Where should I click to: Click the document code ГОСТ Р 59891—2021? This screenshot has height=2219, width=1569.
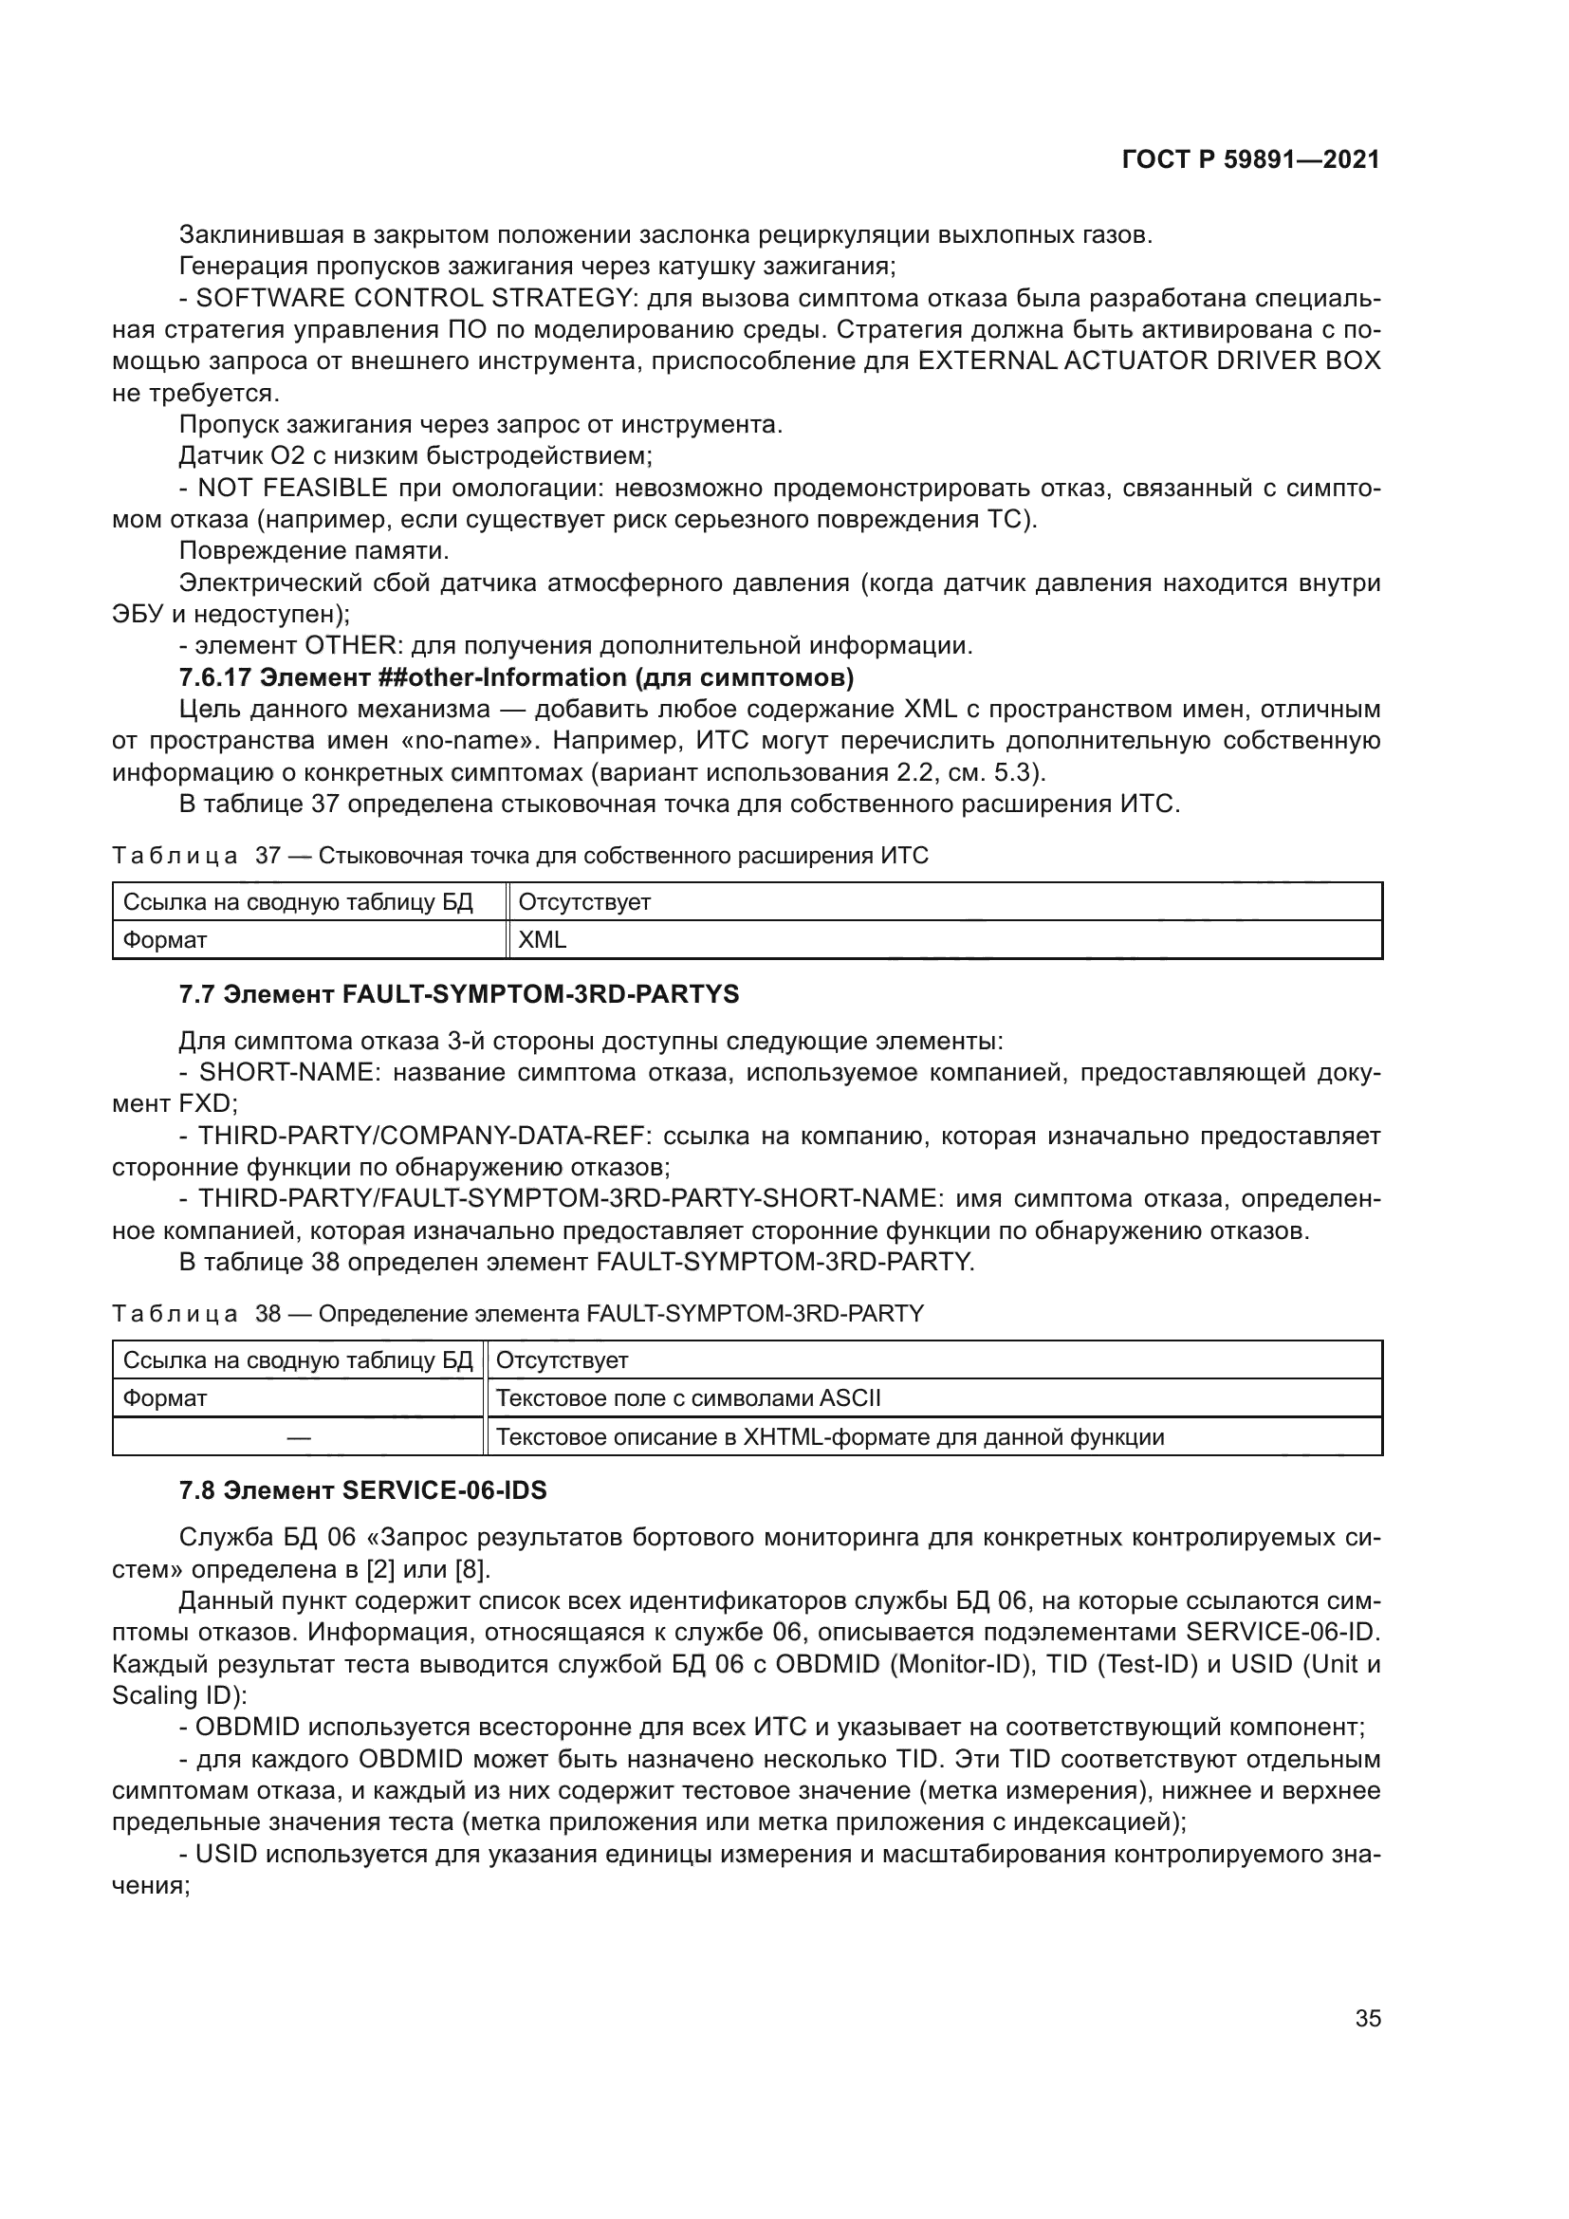(x=1250, y=160)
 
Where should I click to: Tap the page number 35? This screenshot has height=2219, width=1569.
(x=1367, y=2018)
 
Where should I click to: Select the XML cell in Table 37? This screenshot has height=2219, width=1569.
(x=542, y=939)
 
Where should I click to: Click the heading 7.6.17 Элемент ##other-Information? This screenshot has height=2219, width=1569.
(x=516, y=677)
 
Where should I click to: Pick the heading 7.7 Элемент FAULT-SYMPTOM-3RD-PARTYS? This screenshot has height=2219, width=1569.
(x=459, y=993)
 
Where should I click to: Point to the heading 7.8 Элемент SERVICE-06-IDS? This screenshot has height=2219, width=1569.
(x=362, y=1490)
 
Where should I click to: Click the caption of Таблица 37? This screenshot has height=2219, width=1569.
(x=520, y=856)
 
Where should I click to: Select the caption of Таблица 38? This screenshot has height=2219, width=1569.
(x=518, y=1313)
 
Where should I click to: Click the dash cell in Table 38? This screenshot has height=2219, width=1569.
(x=298, y=1437)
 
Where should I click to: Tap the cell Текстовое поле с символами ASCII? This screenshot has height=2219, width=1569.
(x=688, y=1398)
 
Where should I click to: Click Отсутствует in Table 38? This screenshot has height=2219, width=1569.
(x=562, y=1360)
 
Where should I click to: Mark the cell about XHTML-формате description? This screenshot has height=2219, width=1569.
(x=829, y=1437)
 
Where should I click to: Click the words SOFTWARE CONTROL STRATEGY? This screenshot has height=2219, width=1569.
(x=414, y=298)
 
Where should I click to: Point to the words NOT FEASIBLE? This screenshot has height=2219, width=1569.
(x=293, y=488)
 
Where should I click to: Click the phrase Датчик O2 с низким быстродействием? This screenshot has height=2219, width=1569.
(x=415, y=456)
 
